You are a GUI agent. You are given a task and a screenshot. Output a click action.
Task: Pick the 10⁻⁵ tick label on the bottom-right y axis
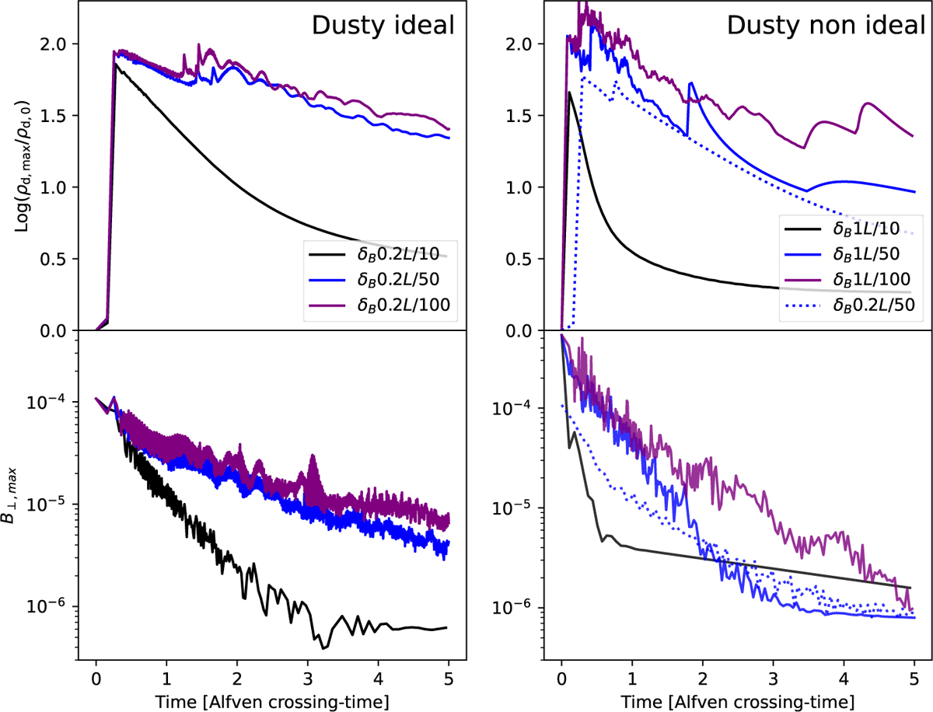(515, 508)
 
